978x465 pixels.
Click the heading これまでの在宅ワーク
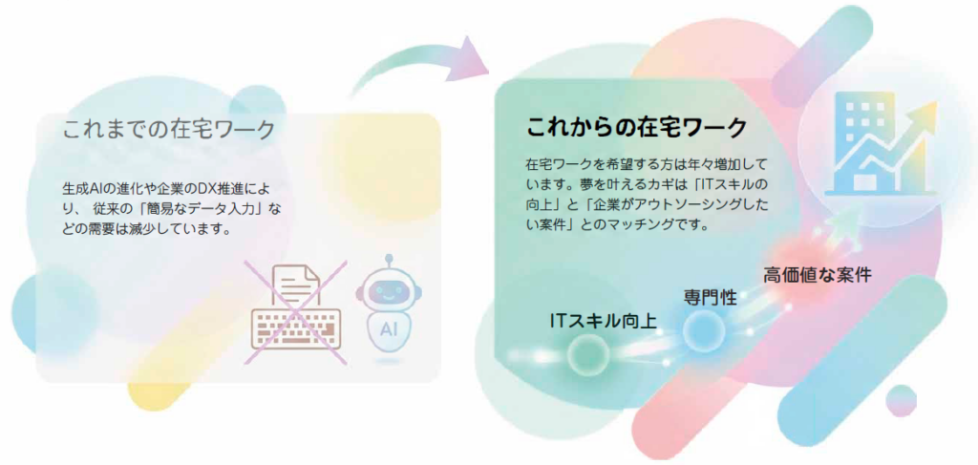[168, 130]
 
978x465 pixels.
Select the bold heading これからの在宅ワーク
[636, 128]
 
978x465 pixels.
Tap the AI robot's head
[390, 290]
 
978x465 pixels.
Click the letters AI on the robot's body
[390, 328]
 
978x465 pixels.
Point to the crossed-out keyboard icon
[295, 328]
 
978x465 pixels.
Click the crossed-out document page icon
[297, 285]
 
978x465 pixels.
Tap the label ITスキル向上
[604, 321]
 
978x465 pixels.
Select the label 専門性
[710, 297]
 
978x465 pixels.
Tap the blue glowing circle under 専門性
[703, 328]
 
